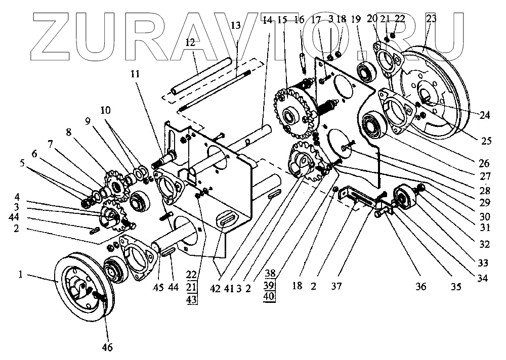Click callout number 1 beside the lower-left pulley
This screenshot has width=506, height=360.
pyautogui.click(x=20, y=275)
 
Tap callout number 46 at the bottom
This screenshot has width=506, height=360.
pyautogui.click(x=107, y=347)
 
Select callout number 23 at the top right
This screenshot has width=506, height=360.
pyautogui.click(x=432, y=19)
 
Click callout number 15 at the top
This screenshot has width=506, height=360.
pyautogui.click(x=282, y=20)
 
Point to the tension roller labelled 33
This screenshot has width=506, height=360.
pyautogui.click(x=405, y=198)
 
